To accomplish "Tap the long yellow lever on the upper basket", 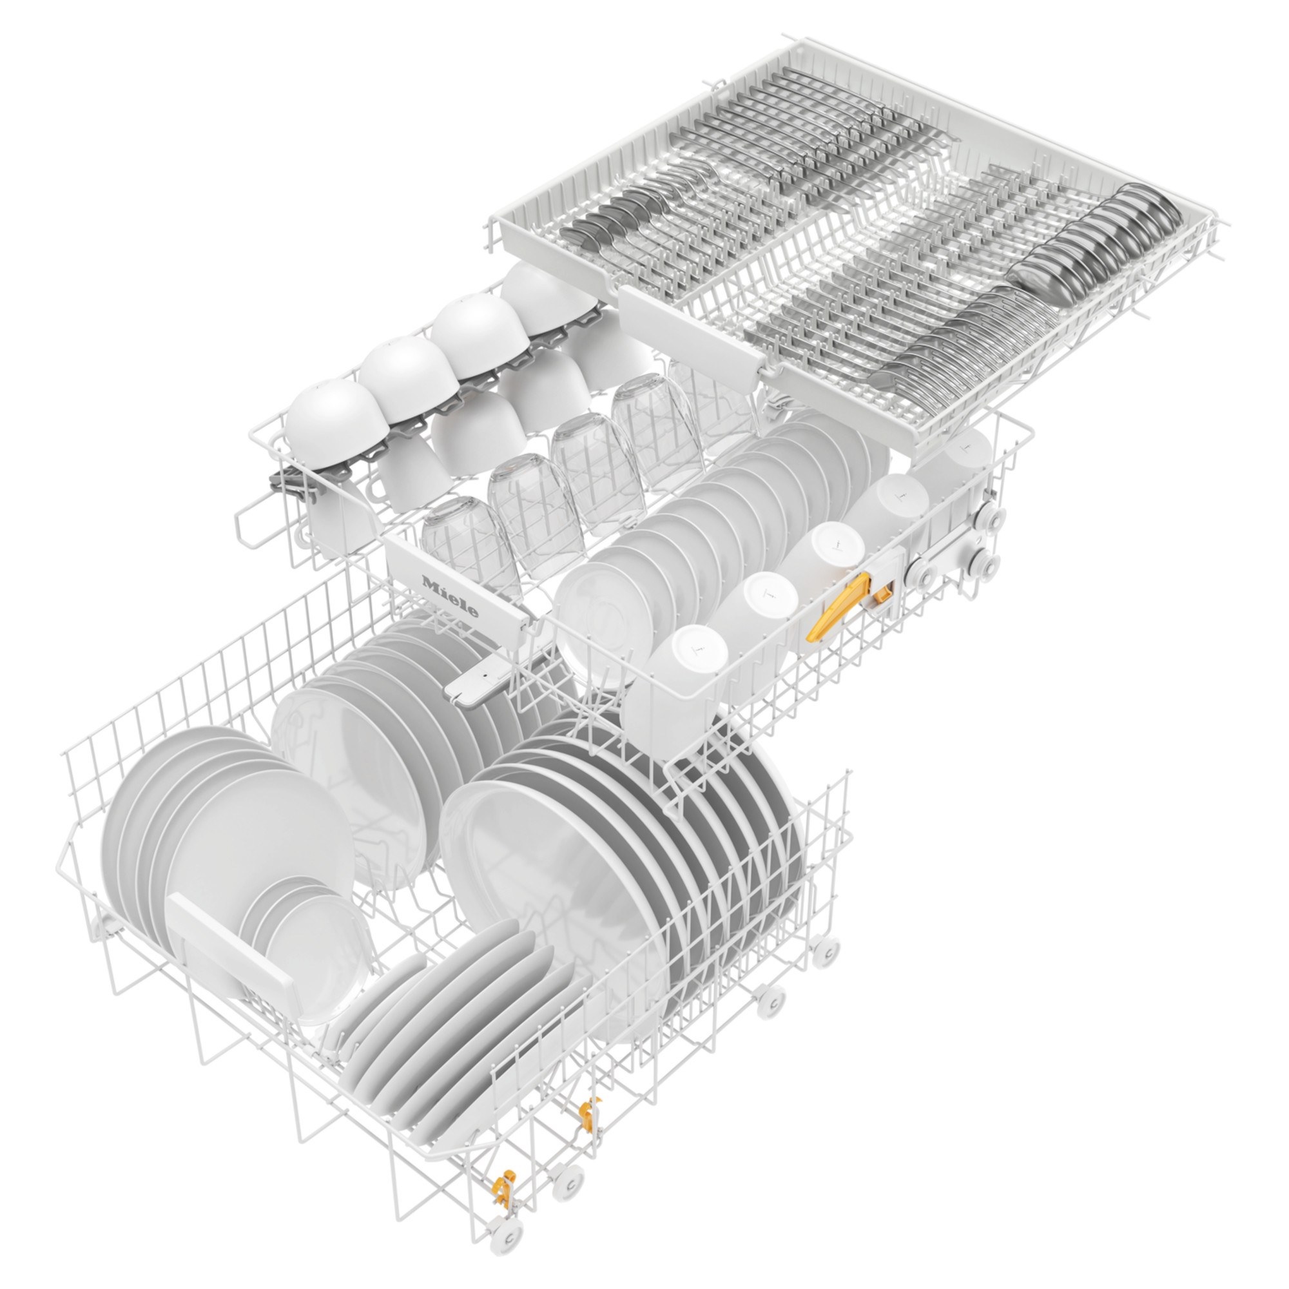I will click(x=838, y=608).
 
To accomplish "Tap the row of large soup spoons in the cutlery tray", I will click(x=1094, y=247).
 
